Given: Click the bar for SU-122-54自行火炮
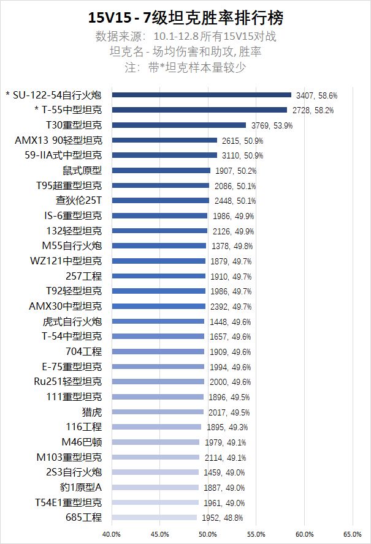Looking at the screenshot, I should [201, 95].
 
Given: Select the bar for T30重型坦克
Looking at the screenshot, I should [178, 125].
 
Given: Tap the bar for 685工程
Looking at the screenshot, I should [154, 518].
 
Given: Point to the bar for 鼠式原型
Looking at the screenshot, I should [161, 170].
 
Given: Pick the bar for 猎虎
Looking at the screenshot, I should [157, 412].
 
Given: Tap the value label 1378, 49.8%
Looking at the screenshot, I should [231, 246].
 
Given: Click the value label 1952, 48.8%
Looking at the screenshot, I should [223, 518].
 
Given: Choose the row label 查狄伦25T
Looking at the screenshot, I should [78, 200].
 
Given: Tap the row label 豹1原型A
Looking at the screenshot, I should [77, 487].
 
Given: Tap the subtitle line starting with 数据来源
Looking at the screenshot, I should [186, 36].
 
